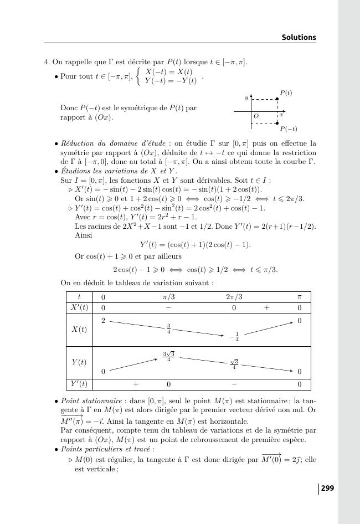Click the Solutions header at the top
(299, 38)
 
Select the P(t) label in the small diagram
(286, 93)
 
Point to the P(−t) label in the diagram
(288, 129)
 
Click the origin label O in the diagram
(256, 116)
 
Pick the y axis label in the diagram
(246, 98)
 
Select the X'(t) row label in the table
(79, 308)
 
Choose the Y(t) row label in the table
(79, 362)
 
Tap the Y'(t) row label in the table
(79, 384)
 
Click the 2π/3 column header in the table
(234, 297)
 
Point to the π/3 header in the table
(168, 297)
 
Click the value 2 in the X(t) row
(103, 321)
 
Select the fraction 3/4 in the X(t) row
(168, 329)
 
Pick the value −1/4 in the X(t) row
(234, 337)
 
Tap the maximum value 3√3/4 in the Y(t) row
(168, 357)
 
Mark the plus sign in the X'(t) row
(266, 308)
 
